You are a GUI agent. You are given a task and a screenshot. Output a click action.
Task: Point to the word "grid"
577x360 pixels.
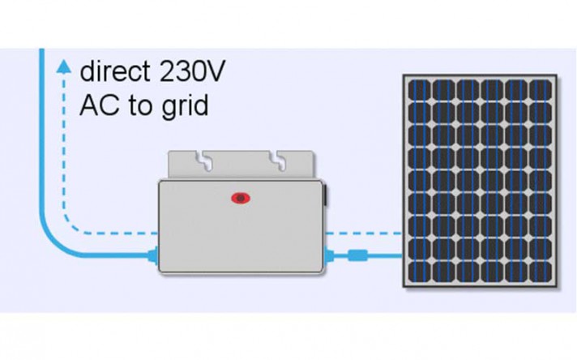click(187, 106)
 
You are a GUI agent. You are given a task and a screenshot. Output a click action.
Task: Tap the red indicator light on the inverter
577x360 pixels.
click(240, 197)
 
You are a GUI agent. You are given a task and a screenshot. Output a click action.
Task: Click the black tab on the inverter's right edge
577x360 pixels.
click(325, 195)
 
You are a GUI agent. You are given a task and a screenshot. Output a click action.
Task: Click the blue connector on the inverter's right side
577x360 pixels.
click(329, 256)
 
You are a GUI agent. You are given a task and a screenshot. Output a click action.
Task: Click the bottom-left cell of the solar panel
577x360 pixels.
click(419, 270)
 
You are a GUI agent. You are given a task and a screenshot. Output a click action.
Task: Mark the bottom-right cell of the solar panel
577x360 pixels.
click(541, 270)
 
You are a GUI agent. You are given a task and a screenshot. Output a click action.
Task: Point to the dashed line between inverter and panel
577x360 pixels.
click(365, 234)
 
